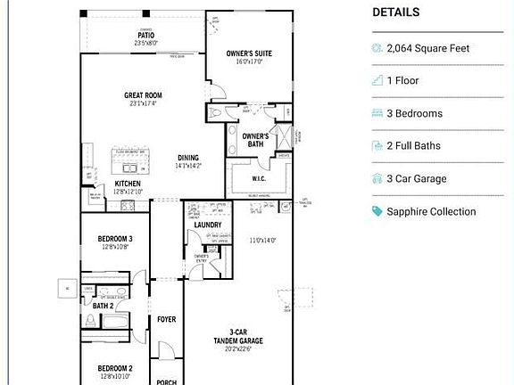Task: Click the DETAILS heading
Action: (395, 12)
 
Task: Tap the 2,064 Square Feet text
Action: (427, 48)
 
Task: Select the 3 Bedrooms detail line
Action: (414, 113)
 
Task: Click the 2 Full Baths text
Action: (413, 145)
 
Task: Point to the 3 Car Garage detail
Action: (416, 178)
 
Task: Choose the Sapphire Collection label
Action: (431, 211)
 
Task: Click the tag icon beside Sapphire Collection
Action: (377, 211)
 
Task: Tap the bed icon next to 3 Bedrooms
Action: (377, 113)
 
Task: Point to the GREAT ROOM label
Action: (142, 94)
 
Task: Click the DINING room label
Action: (187, 158)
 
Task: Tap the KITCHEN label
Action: (128, 184)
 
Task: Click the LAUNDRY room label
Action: (207, 224)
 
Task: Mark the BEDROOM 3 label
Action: (115, 239)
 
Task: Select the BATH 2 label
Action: (103, 306)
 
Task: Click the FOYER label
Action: (166, 319)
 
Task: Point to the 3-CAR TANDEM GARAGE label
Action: (237, 335)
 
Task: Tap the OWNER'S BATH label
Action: (253, 139)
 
